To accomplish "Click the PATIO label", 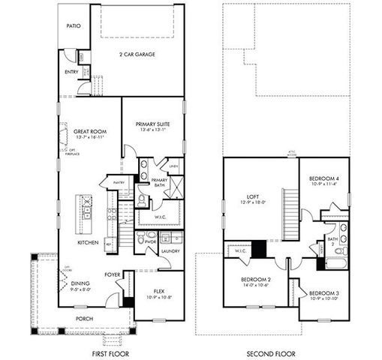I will point(73,25).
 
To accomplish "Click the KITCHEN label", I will point(89,242).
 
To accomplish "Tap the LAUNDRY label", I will point(171,251).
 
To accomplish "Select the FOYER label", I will point(113,274).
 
